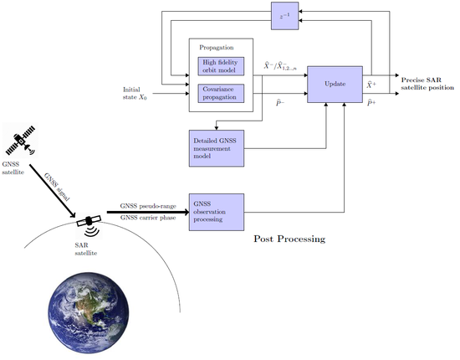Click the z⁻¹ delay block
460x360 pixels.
(x=284, y=14)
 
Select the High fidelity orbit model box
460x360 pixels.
(x=219, y=66)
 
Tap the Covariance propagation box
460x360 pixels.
(x=219, y=92)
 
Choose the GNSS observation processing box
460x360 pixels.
(x=217, y=212)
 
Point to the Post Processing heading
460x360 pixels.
(x=289, y=239)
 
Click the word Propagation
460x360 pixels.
(x=217, y=49)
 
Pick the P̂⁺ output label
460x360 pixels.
(x=371, y=103)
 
